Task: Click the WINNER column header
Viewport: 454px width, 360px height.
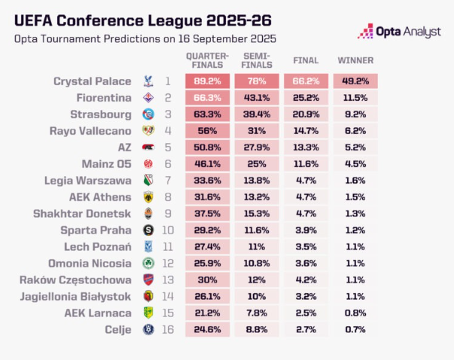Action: point(355,59)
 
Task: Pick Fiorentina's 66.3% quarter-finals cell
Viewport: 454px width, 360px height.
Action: point(207,98)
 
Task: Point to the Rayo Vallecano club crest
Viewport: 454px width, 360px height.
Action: point(148,131)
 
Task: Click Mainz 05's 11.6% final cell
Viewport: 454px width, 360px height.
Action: point(306,163)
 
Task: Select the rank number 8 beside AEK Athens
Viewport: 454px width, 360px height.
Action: point(168,197)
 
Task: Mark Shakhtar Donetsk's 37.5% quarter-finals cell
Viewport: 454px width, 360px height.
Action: point(207,213)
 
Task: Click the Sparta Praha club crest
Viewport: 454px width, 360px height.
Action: point(148,230)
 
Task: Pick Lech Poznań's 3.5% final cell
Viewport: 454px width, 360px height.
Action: point(306,246)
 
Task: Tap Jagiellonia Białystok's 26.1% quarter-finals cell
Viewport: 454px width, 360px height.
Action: point(207,296)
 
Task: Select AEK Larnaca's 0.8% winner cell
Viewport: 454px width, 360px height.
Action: point(355,313)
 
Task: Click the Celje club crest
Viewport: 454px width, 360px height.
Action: point(148,329)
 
